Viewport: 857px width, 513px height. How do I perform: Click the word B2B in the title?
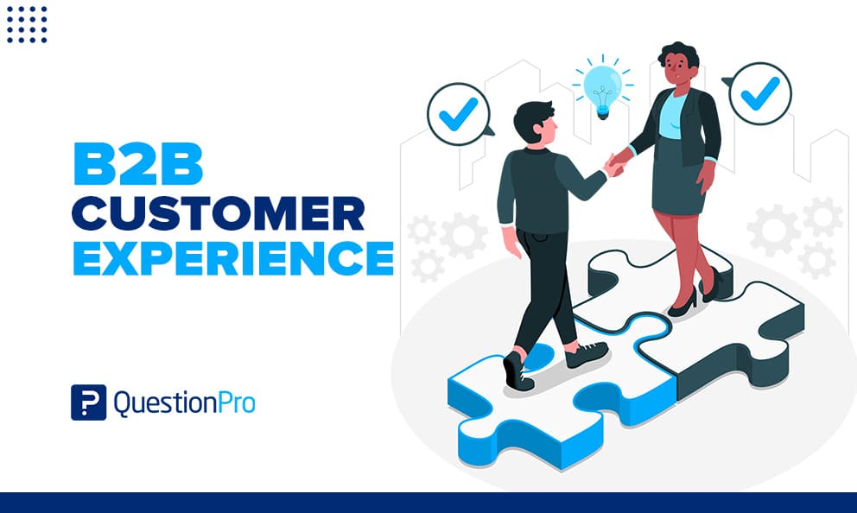[138, 164]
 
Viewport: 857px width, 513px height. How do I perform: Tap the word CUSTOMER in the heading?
[218, 212]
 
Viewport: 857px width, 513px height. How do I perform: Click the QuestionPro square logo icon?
[88, 402]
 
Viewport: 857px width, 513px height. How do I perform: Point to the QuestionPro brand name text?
[184, 403]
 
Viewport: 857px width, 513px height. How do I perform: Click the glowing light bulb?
[602, 91]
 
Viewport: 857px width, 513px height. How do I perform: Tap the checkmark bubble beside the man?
[460, 114]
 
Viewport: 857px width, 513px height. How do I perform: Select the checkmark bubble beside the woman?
[759, 93]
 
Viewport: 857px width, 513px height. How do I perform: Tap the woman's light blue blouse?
[672, 117]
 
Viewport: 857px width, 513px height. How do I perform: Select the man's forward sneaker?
[587, 354]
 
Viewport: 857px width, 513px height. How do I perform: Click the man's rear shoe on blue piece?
[517, 370]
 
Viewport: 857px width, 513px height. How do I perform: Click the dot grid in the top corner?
[27, 24]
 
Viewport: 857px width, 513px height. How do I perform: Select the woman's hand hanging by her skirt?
[706, 176]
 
